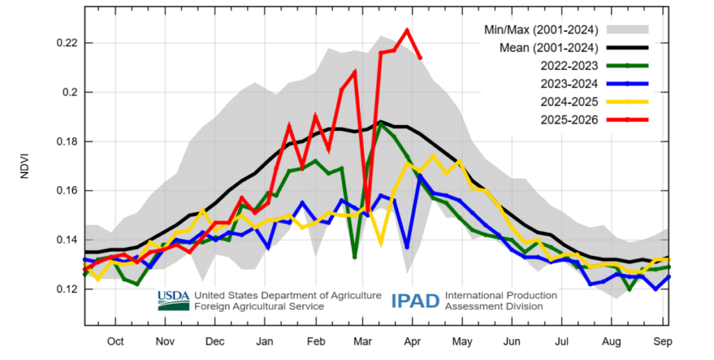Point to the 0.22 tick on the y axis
click(x=66, y=43)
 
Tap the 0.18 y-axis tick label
click(x=66, y=142)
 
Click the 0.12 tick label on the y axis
click(x=66, y=289)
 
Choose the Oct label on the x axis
click(x=115, y=341)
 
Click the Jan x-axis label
click(x=266, y=341)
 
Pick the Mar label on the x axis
click(x=363, y=341)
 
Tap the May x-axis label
click(x=462, y=341)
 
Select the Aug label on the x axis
click(x=612, y=341)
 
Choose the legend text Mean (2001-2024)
click(x=549, y=48)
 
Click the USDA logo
click(x=174, y=300)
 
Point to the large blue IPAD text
click(x=416, y=301)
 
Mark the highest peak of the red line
click(x=407, y=30)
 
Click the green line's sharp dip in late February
click(x=355, y=257)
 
